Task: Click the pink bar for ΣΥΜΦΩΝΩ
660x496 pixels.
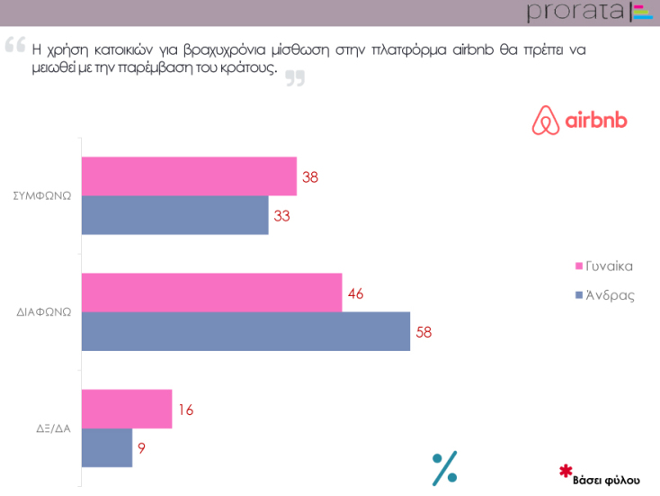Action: tap(189, 176)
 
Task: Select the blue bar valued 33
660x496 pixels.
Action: tap(175, 215)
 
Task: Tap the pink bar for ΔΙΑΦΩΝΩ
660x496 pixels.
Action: tap(211, 293)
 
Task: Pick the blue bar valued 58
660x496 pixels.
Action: tap(245, 331)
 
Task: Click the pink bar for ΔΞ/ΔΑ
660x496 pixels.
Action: tap(127, 409)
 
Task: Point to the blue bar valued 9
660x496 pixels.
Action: tap(107, 447)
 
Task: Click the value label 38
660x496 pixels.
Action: tap(310, 177)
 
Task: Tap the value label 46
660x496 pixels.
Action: tap(355, 293)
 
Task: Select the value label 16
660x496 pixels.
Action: tap(185, 410)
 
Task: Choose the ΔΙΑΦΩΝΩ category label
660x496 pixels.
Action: tap(44, 312)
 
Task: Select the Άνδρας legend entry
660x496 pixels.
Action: tap(609, 294)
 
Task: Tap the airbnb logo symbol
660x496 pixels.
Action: tap(543, 122)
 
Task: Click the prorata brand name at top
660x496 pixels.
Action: tap(576, 12)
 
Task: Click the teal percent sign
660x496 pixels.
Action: tap(445, 467)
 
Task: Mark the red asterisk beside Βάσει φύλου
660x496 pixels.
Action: tap(566, 471)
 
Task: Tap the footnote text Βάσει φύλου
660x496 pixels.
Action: tap(607, 478)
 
